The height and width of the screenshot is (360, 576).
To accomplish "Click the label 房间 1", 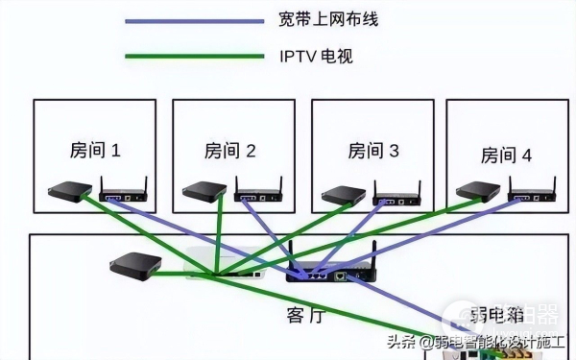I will coord(95,150).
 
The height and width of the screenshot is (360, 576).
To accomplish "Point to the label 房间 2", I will coord(230,151).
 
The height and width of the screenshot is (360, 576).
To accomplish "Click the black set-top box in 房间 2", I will coord(204,191).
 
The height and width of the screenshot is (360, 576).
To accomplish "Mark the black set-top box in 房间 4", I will coord(476,190).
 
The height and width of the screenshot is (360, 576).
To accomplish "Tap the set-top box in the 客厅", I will coord(131,265).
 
